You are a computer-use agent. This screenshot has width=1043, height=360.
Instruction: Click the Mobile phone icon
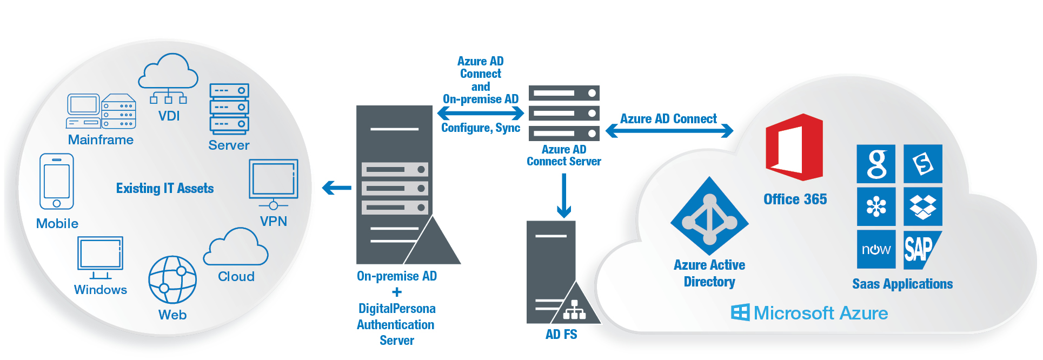pos(57,182)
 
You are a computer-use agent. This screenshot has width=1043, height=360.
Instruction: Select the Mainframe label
pos(101,140)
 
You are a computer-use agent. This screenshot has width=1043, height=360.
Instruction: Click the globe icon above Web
pos(172,279)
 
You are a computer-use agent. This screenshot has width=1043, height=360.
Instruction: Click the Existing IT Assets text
pos(165,188)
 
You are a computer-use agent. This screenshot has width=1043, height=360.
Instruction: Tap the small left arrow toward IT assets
pos(336,188)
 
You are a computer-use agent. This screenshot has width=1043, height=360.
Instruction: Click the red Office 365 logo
pos(794,147)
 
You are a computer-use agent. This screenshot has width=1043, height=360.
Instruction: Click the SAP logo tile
pos(922,249)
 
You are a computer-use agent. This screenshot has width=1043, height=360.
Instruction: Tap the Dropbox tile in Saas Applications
pos(922,206)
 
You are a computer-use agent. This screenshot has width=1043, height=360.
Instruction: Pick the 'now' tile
pos(876,249)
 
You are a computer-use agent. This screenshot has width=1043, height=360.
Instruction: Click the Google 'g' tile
pos(876,164)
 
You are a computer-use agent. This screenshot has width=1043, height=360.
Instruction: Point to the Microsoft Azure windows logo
pos(740,312)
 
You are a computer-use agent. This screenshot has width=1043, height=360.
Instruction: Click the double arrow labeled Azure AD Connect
pos(669,130)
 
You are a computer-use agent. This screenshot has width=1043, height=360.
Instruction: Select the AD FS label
pos(561,334)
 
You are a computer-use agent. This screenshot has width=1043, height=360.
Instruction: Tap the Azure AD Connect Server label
pos(564,155)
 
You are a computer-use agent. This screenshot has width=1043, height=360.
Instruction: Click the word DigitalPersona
pos(397,308)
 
